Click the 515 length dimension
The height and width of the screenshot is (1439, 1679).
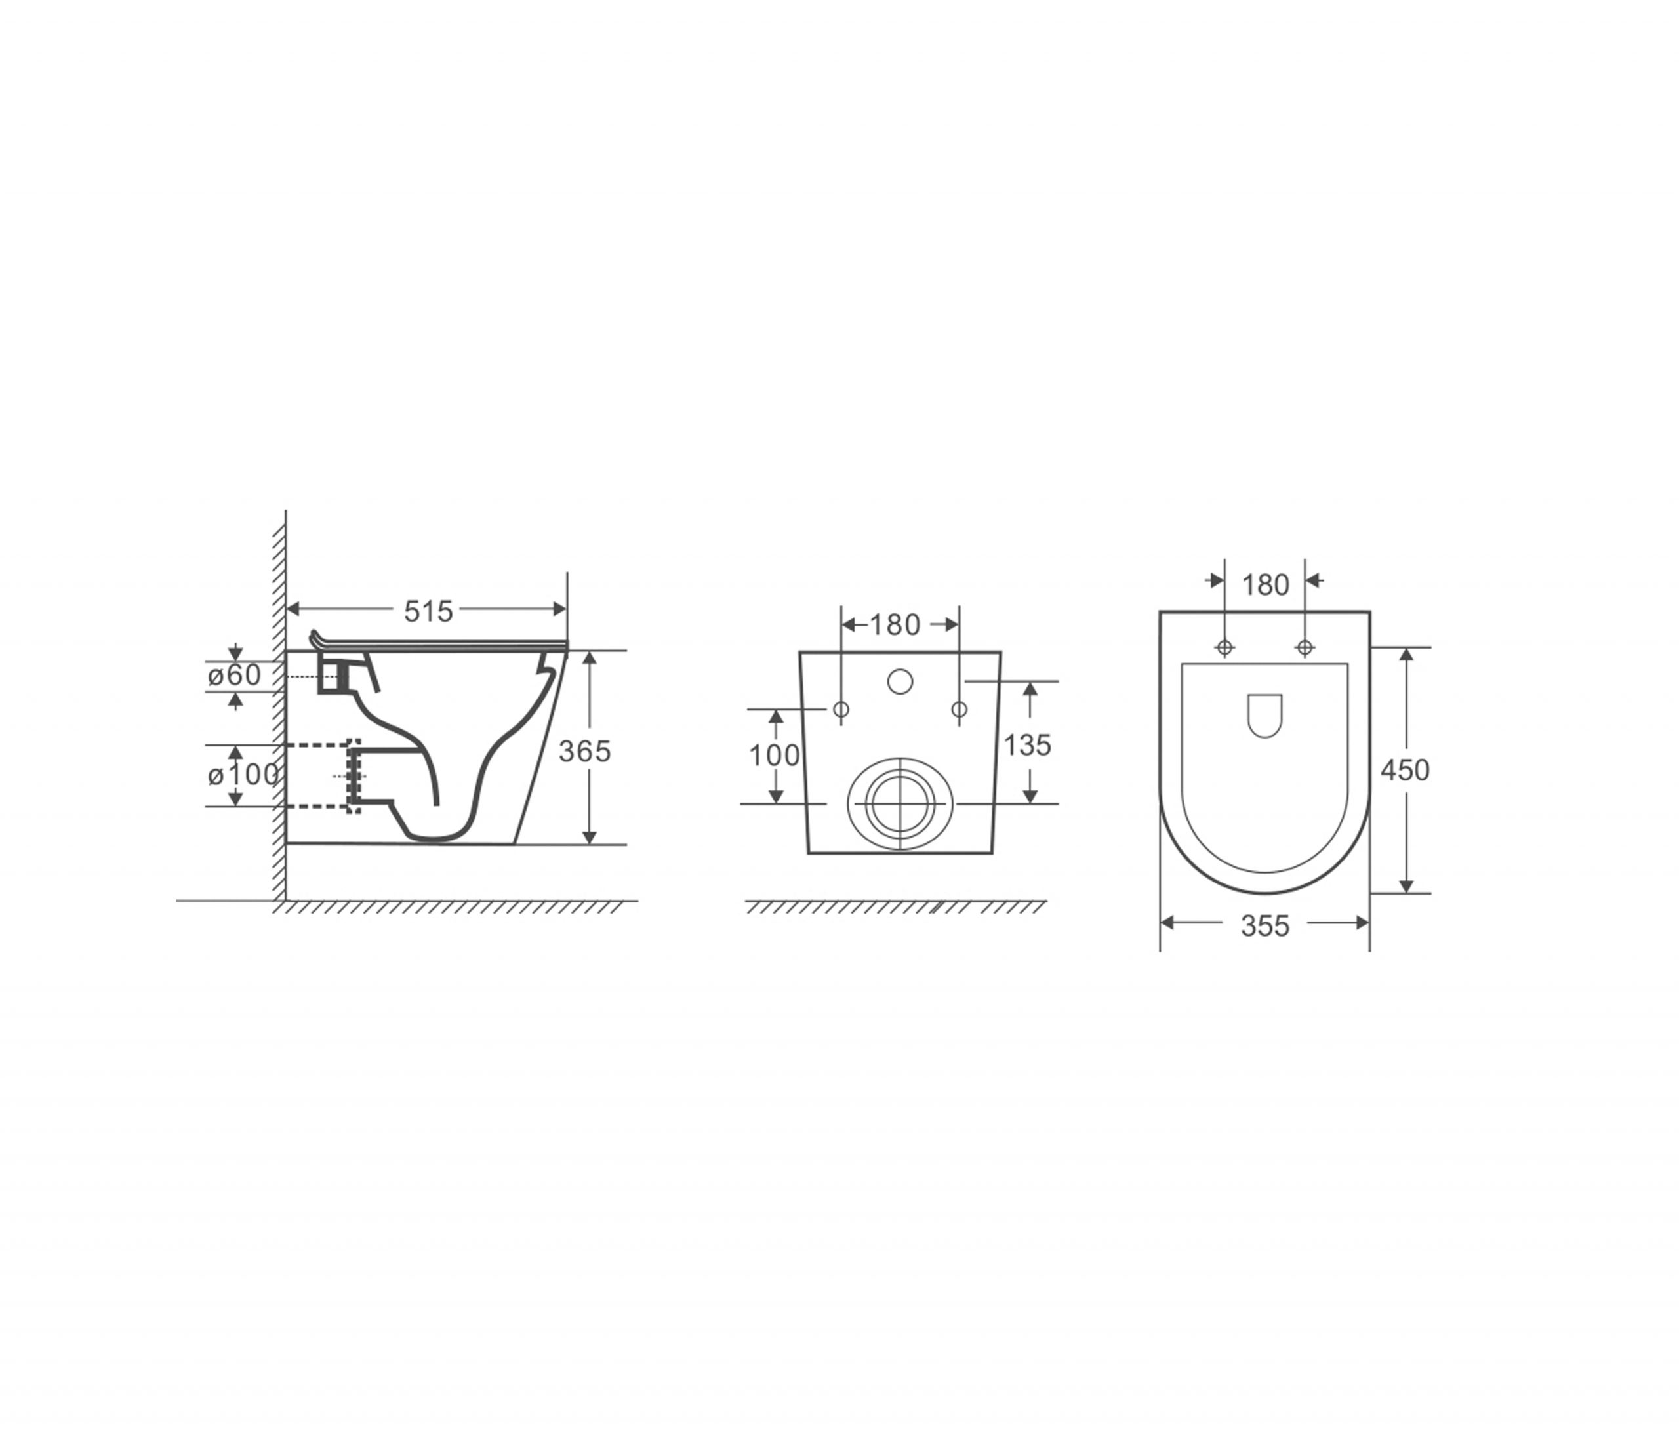pos(429,612)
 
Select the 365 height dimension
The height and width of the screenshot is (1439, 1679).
pos(584,752)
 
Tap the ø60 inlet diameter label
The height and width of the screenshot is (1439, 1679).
pos(234,675)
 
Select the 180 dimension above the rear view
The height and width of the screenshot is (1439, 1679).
pos(895,624)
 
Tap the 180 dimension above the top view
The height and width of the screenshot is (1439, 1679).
pos(1265,585)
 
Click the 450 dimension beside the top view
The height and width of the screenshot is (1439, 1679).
pos(1405,770)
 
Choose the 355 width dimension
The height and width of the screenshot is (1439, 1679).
pos(1265,926)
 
